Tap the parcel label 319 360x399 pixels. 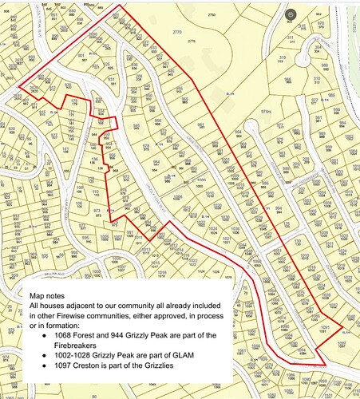tap(282, 57)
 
